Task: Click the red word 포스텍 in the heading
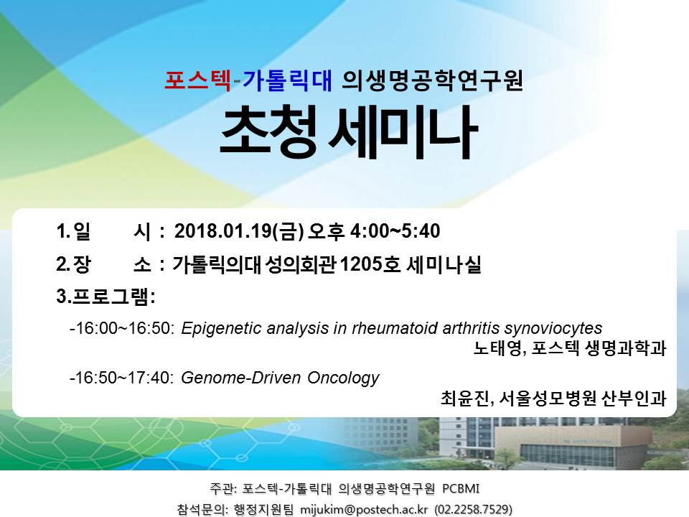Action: click(x=197, y=80)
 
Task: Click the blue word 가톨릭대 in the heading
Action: click(x=288, y=80)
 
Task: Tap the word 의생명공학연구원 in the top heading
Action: click(x=432, y=80)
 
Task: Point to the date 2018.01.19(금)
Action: click(x=239, y=231)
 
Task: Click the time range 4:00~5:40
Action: click(x=395, y=230)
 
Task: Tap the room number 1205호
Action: click(x=370, y=264)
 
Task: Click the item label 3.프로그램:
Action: click(x=106, y=297)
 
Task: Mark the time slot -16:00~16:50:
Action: click(x=123, y=328)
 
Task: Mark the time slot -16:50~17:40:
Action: click(x=123, y=378)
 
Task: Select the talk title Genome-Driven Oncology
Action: click(x=281, y=378)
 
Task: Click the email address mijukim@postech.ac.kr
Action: click(x=364, y=510)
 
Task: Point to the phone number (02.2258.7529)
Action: click(x=473, y=510)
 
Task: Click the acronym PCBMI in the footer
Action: click(x=461, y=488)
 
